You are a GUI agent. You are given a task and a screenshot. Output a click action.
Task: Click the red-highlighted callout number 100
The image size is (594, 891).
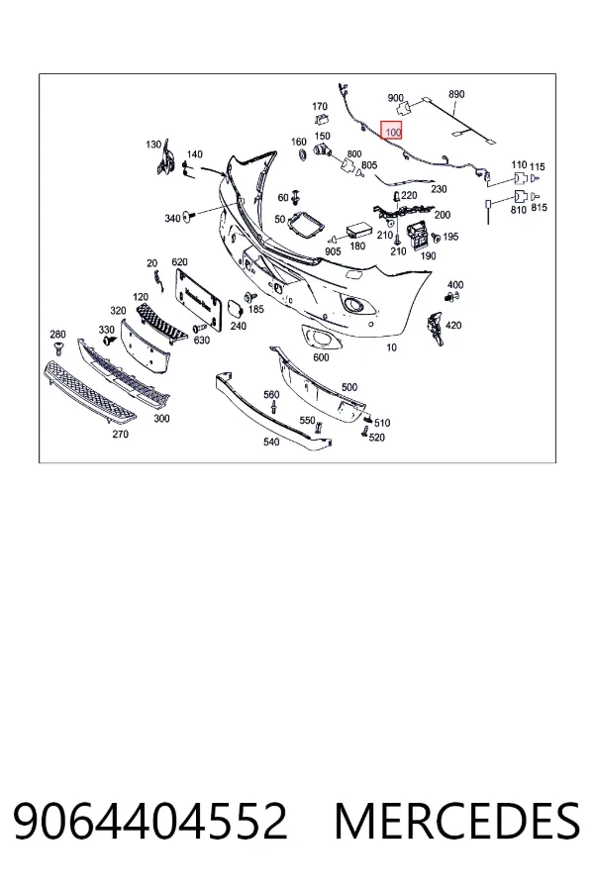click(393, 133)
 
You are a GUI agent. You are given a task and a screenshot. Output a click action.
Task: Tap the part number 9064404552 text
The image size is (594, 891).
click(150, 822)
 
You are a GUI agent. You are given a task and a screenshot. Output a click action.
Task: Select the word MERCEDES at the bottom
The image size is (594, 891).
click(457, 822)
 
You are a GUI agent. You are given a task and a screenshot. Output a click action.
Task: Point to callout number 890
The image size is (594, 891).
click(456, 94)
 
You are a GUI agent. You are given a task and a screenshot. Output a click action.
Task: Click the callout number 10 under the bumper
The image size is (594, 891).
click(392, 347)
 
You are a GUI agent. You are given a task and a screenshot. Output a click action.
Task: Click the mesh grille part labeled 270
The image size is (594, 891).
click(89, 393)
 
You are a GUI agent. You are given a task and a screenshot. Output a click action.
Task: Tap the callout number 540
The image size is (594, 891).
click(271, 442)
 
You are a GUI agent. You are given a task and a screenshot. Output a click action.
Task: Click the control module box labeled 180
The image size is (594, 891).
click(358, 230)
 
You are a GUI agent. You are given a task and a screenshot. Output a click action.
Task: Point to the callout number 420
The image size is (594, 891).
click(453, 325)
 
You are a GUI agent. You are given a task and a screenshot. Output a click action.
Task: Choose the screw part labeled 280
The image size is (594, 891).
click(58, 347)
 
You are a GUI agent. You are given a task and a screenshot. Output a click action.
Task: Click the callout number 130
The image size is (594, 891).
click(153, 145)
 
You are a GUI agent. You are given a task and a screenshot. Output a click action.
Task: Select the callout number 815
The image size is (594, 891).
click(539, 208)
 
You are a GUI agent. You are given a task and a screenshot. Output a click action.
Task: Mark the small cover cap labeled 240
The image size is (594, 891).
click(236, 308)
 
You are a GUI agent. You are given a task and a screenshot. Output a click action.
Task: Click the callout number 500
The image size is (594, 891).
click(349, 387)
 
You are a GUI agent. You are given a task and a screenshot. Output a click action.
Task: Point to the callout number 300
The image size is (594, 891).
click(162, 419)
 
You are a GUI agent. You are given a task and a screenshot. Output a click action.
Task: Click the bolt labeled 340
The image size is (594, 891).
click(189, 216)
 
